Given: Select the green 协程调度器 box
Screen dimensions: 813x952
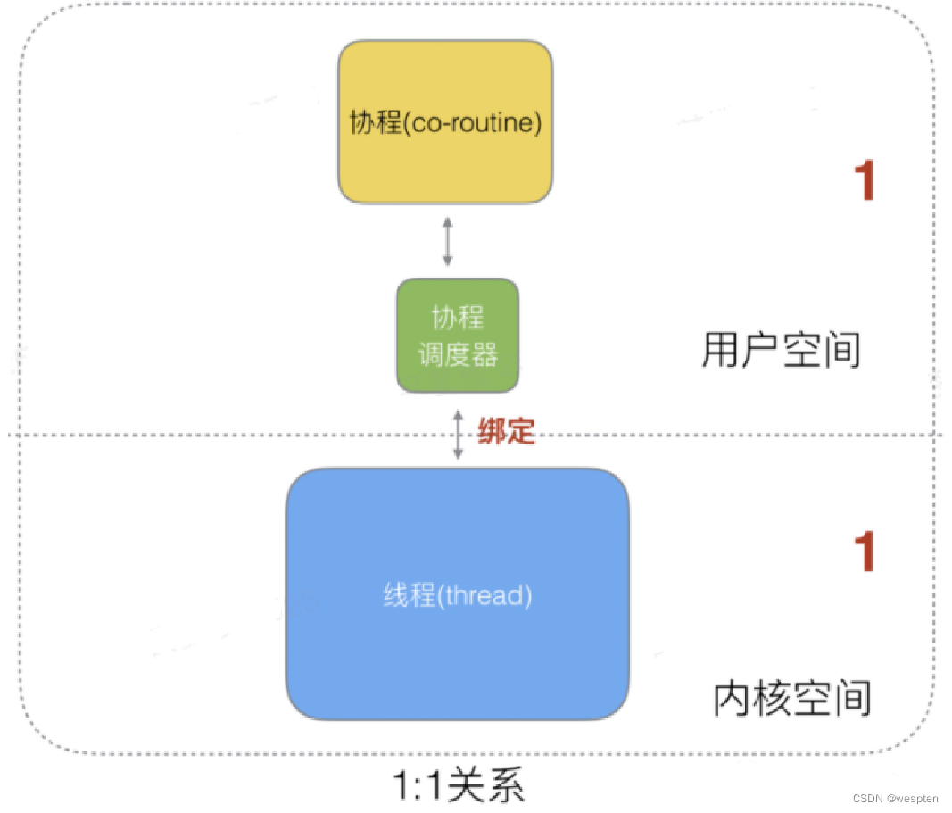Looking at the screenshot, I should click(x=457, y=336).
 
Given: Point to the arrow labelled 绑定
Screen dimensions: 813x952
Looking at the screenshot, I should click(x=458, y=435).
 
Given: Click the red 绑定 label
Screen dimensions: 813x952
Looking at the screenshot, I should click(x=506, y=431).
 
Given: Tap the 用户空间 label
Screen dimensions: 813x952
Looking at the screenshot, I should click(x=781, y=351).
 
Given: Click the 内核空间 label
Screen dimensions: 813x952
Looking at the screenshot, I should click(x=792, y=698).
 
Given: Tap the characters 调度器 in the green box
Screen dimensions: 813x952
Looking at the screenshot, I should click(x=458, y=355).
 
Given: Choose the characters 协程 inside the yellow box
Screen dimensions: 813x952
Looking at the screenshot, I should click(x=376, y=122).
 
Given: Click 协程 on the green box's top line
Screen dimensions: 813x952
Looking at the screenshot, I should click(x=458, y=318).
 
